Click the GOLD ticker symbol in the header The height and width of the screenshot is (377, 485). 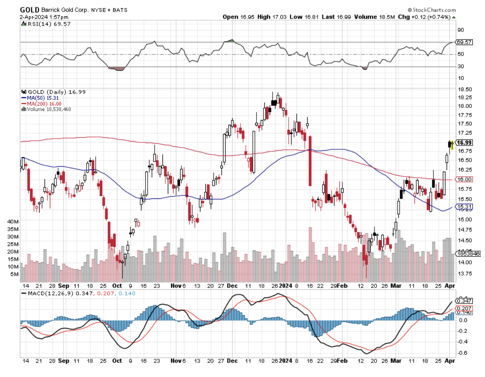coord(29,9)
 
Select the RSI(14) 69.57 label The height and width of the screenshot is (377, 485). coord(44,24)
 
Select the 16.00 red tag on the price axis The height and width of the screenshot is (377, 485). coord(464,179)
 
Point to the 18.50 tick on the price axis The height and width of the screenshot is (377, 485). coord(464,90)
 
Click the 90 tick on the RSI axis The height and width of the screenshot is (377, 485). coord(460,30)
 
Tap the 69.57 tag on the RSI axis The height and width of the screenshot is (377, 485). coord(464,42)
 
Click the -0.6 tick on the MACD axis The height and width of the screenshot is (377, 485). coord(462,353)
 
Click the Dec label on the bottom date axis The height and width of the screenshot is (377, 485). coord(232,361)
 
